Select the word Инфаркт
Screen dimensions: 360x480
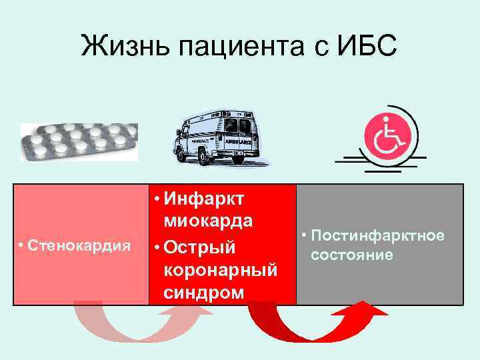click(206, 199)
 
